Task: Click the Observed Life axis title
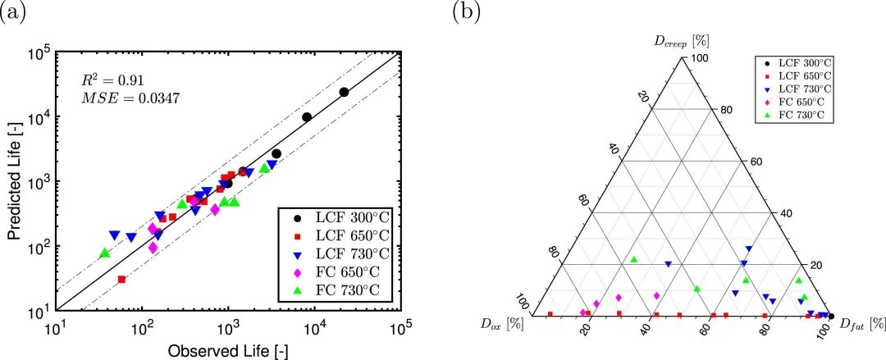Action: tap(228, 351)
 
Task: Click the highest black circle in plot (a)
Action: tap(344, 93)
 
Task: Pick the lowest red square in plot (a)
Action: tap(121, 280)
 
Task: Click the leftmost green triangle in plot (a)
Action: tap(105, 253)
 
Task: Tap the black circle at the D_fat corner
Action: tap(831, 316)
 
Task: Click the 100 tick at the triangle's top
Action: tap(699, 58)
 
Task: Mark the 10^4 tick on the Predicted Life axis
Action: tap(43, 116)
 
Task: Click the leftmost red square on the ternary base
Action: tap(550, 314)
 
